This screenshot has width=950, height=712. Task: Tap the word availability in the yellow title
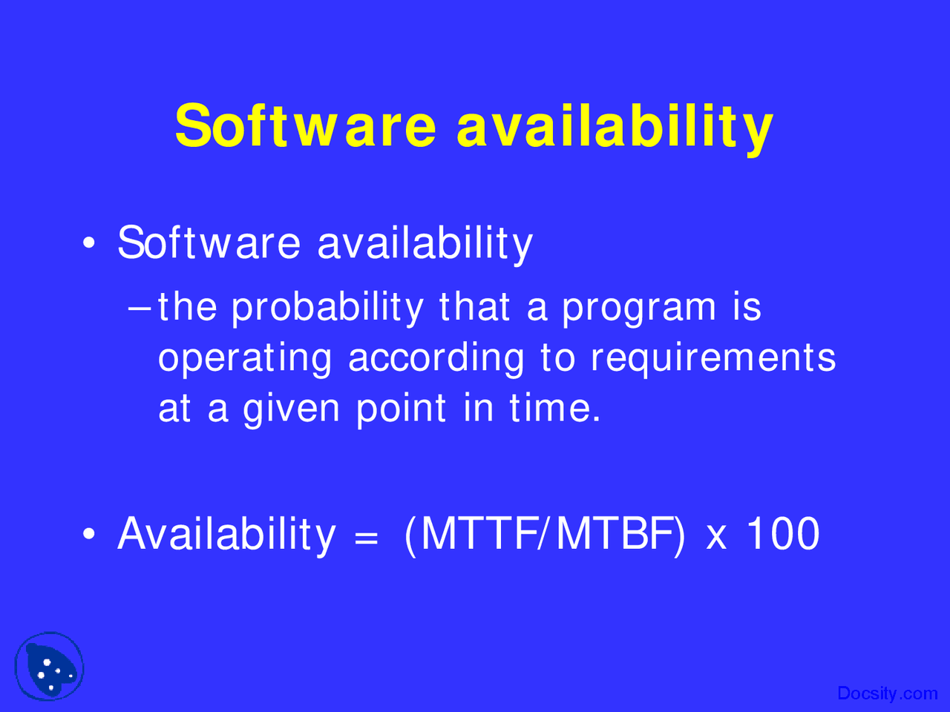tap(615, 126)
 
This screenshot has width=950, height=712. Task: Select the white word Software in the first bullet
tap(209, 243)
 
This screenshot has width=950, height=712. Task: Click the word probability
tap(327, 309)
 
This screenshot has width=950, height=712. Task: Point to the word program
tap(639, 309)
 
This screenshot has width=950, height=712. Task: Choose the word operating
tap(245, 359)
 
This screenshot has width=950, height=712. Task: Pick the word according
tap(436, 359)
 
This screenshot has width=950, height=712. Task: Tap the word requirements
tap(713, 359)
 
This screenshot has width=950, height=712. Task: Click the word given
tap(292, 409)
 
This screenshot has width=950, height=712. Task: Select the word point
tap(402, 409)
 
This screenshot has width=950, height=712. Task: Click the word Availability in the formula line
tap(226, 535)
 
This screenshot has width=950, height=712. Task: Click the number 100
tap(782, 533)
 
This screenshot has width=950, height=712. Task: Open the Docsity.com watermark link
tap(887, 693)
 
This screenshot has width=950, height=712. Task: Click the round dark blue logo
tap(50, 667)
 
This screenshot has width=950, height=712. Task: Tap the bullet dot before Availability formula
tap(89, 534)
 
